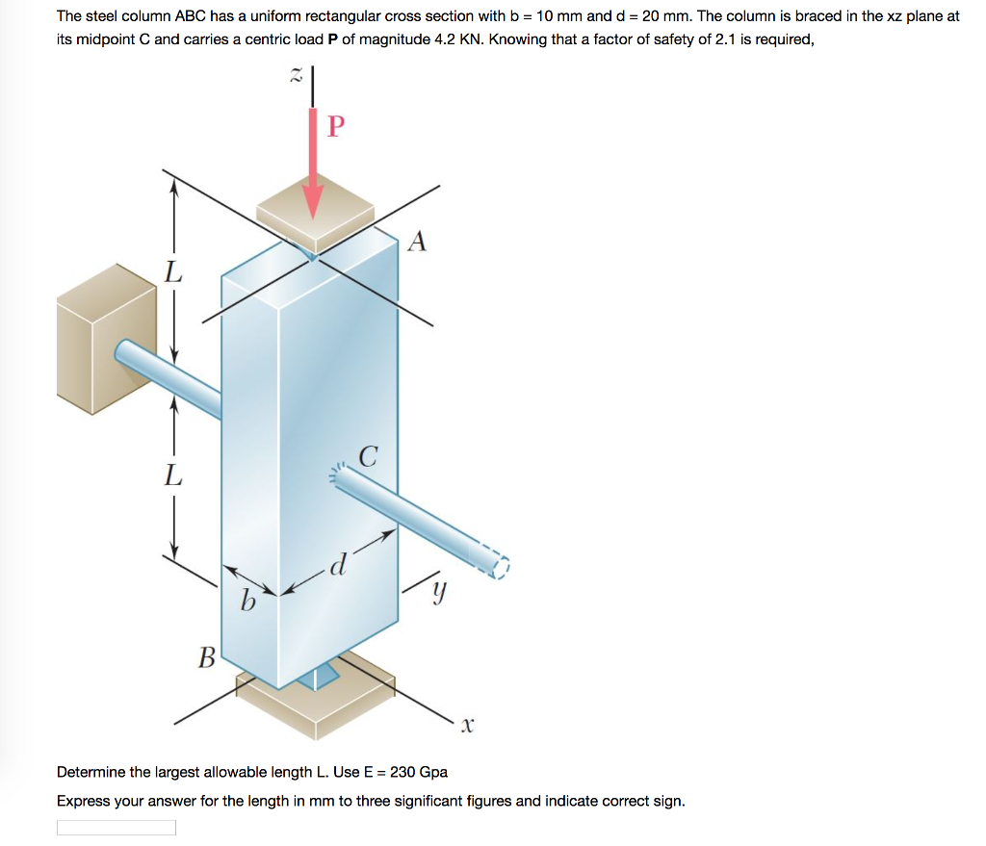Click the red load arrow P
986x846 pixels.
tap(314, 164)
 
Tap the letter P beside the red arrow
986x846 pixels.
tap(335, 127)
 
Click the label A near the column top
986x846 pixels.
tap(416, 242)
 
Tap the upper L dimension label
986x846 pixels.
tap(172, 273)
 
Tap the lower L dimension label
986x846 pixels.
tap(172, 474)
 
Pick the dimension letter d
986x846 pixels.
tap(337, 564)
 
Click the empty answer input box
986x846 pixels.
tap(117, 828)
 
